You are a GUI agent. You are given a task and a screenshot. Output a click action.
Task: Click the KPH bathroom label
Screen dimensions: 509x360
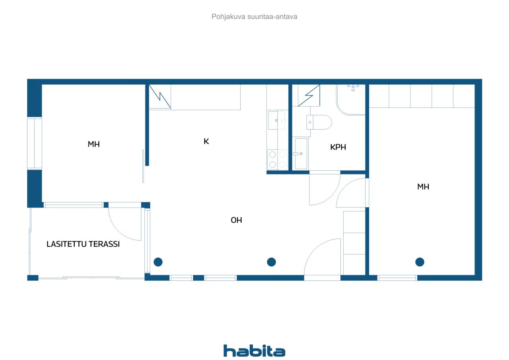pyautogui.click(x=338, y=147)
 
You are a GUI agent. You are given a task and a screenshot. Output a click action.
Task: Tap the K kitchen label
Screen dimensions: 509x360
pyautogui.click(x=206, y=141)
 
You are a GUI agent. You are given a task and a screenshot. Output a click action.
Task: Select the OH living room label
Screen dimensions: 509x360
pyautogui.click(x=236, y=220)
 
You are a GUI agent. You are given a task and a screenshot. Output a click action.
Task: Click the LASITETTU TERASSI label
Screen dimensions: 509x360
pyautogui.click(x=83, y=244)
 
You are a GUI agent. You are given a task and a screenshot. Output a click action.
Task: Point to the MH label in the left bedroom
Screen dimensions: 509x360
pyautogui.click(x=93, y=144)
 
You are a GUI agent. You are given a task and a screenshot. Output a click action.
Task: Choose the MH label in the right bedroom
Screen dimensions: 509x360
pyautogui.click(x=423, y=187)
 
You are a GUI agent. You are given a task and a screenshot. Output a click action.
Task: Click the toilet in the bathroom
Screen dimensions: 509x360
pyautogui.click(x=319, y=122)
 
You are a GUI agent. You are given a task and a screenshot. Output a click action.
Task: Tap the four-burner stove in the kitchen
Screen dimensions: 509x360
pyautogui.click(x=278, y=160)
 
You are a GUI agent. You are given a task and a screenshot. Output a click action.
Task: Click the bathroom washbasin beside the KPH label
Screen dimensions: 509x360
pyautogui.click(x=301, y=154)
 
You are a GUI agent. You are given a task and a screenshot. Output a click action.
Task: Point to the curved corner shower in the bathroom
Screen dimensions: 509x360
pyautogui.click(x=351, y=100)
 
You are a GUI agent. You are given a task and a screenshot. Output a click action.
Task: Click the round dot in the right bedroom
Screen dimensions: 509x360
pyautogui.click(x=420, y=262)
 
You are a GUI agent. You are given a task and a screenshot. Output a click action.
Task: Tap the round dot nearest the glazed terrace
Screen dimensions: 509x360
pyautogui.click(x=158, y=262)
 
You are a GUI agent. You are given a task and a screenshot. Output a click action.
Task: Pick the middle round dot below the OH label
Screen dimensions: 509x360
pyautogui.click(x=271, y=262)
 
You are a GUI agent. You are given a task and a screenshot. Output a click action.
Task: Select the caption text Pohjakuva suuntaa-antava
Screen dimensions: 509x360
pyautogui.click(x=254, y=17)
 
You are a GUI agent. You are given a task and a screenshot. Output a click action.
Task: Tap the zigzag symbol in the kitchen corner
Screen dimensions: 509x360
pyautogui.click(x=160, y=97)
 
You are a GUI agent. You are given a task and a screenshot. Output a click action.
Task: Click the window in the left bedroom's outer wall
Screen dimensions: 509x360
pyautogui.click(x=35, y=143)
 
